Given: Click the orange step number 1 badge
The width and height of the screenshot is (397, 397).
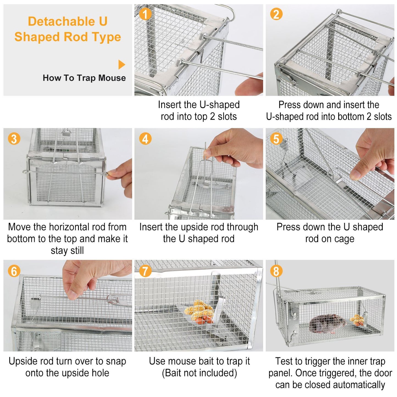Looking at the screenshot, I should click(145, 14).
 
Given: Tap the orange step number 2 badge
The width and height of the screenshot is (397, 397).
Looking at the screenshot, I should click(276, 14).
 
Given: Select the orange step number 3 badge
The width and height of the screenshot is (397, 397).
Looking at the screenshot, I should click(14, 139).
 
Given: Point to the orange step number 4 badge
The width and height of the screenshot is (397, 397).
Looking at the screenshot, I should click(145, 139).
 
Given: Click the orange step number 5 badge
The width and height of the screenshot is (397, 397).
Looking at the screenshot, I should click(276, 139).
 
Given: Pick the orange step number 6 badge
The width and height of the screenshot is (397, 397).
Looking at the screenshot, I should click(14, 271).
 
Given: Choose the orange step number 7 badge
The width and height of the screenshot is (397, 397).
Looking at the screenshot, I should click(145, 271).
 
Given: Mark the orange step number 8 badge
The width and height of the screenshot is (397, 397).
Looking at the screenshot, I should click(276, 271).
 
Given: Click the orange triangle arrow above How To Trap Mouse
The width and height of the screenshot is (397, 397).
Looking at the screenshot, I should click(122, 65).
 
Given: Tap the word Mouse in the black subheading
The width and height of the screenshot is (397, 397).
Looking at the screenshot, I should click(112, 78).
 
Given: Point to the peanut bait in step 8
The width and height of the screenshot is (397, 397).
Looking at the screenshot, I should click(357, 320).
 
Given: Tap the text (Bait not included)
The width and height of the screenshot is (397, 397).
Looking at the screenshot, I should click(199, 373).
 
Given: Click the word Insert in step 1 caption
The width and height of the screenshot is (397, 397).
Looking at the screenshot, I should click(170, 105).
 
